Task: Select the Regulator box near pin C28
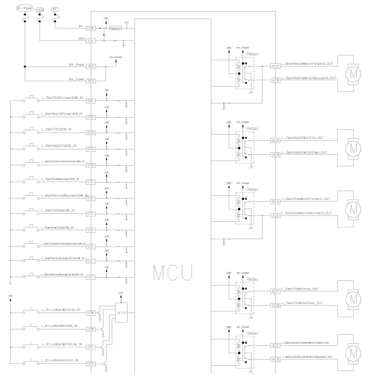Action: pyautogui.click(x=115, y=28)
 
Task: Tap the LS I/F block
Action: pyautogui.click(x=120, y=313)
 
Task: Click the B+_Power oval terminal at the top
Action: pyautogui.click(x=24, y=10)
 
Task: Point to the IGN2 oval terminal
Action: pyautogui.click(x=40, y=10)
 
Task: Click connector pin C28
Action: pyautogui.click(x=91, y=28)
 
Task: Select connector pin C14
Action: pyautogui.click(x=91, y=40)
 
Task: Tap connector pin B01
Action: pyautogui.click(x=91, y=67)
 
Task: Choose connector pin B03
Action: pyautogui.click(x=91, y=81)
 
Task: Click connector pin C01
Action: pyautogui.click(x=91, y=100)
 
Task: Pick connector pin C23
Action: pyautogui.click(x=91, y=363)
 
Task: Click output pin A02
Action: pyautogui.click(x=275, y=66)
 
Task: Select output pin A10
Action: pyautogui.click(x=275, y=215)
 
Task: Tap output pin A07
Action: pyautogui.click(x=275, y=291)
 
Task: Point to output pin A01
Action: pyautogui.click(x=275, y=345)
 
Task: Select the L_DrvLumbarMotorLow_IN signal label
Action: pyautogui.click(x=61, y=344)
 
